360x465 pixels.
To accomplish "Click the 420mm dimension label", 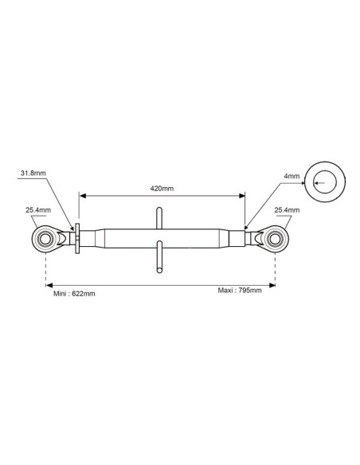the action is [162, 189].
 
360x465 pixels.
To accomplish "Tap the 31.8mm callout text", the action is [33, 173].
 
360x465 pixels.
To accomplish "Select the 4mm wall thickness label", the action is [292, 176].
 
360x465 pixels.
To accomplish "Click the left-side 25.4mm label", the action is [38, 210].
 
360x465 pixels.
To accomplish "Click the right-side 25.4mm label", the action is [287, 210].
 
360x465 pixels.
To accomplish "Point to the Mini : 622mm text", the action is [74, 294].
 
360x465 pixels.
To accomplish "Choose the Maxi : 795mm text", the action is [240, 290].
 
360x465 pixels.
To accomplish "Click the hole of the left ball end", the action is [45, 239].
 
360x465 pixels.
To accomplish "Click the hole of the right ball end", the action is [275, 239].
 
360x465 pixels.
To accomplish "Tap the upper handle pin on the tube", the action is [159, 218].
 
